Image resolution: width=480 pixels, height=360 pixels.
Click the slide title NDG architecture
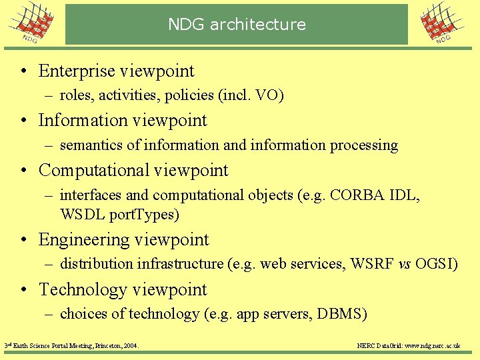(237, 25)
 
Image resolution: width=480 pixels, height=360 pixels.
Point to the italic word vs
(404, 264)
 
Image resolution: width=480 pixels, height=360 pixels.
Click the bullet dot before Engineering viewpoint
(24, 240)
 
